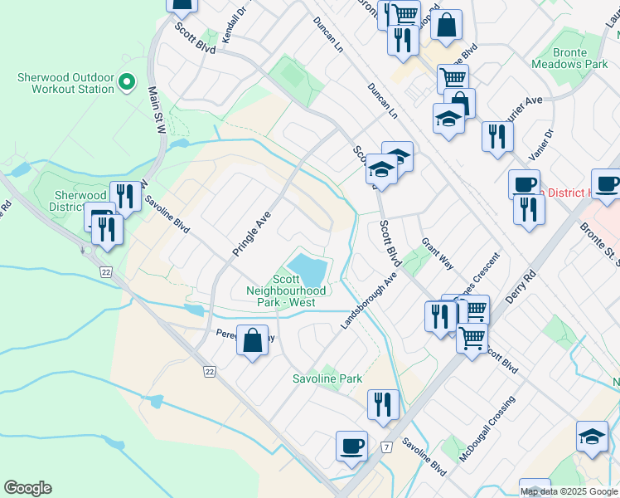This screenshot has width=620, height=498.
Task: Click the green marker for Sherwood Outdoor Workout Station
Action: [x=127, y=81]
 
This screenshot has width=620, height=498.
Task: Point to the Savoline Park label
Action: [x=327, y=378]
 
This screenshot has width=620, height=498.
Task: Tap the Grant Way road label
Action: [x=437, y=254]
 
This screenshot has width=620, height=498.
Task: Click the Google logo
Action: [x=27, y=488]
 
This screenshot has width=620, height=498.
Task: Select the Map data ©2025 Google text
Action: [x=569, y=491]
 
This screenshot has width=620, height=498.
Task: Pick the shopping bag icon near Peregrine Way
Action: [x=252, y=339]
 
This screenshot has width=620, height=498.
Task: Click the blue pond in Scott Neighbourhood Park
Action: [x=310, y=270]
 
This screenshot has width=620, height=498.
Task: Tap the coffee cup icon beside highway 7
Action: [x=351, y=446]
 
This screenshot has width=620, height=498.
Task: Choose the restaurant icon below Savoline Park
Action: [x=383, y=404]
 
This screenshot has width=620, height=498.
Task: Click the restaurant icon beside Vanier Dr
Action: [x=496, y=135]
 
